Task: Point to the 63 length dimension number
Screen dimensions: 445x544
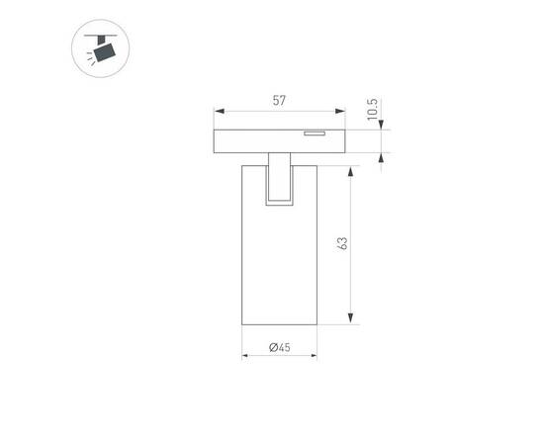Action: click(x=341, y=244)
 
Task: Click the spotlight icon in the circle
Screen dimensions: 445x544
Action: click(x=101, y=50)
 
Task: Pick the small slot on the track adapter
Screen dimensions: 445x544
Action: click(x=316, y=132)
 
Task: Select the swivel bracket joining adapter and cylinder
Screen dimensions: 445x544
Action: click(x=279, y=180)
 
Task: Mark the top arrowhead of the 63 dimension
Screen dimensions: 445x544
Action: click(x=352, y=170)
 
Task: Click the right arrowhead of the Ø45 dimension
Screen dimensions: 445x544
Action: click(x=313, y=355)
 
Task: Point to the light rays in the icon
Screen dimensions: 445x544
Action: click(x=91, y=56)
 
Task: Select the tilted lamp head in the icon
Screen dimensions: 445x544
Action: click(x=105, y=50)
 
